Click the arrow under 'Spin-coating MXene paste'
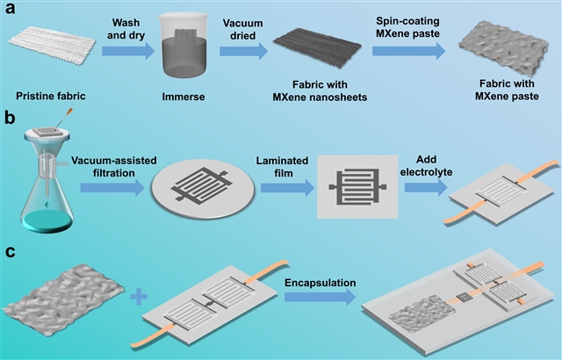coord(407,51)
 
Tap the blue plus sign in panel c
coord(139,299)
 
